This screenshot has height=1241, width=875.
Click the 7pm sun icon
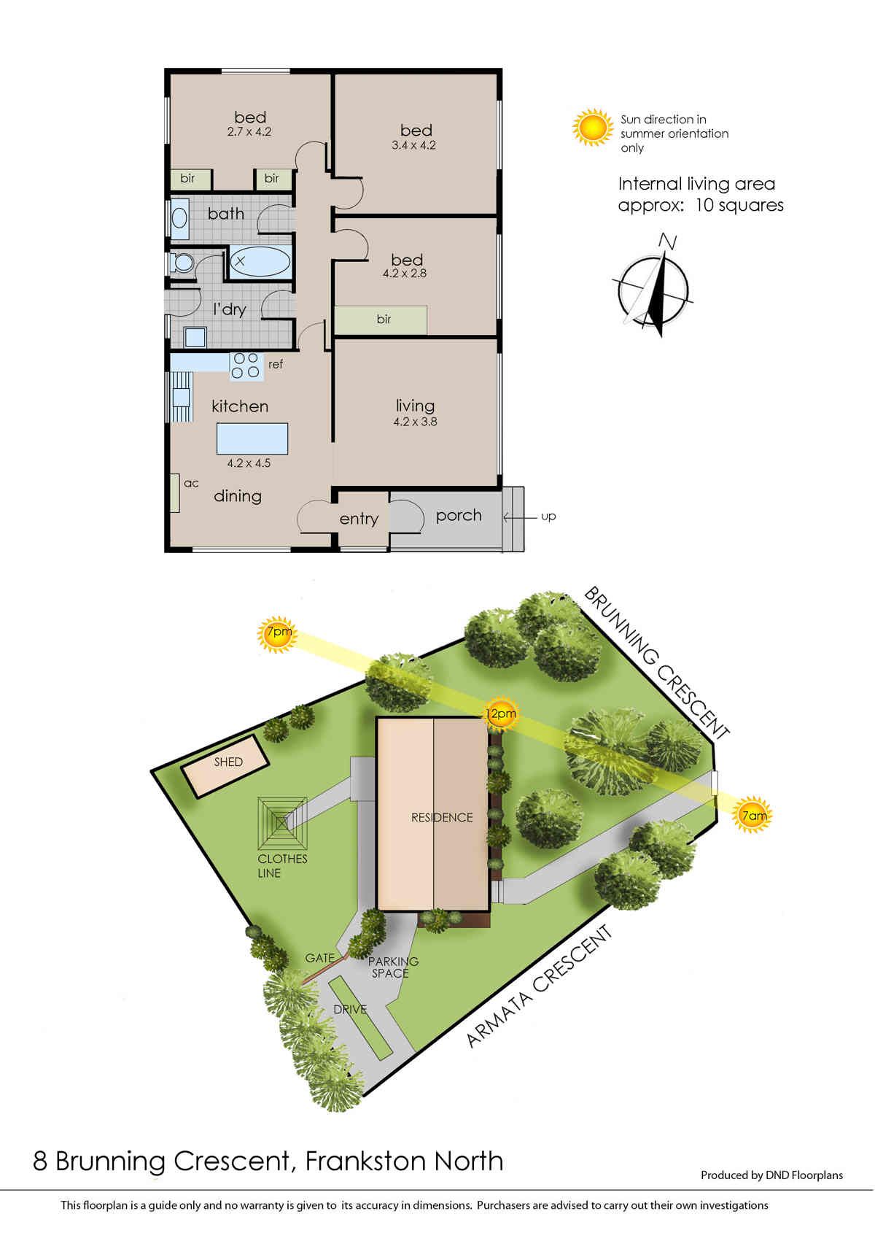coord(277,634)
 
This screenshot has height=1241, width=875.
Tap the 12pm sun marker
coord(500,713)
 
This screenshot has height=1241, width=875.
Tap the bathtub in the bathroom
coord(260,261)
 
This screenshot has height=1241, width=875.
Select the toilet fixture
coord(181,262)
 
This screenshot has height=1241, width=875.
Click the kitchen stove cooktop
coord(246,365)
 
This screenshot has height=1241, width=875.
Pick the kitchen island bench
coord(252,438)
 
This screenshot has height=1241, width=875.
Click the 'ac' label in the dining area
coord(191,483)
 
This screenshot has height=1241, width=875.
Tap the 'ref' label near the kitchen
coord(275,364)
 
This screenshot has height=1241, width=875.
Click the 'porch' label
coord(459,516)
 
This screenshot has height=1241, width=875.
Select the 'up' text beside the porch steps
coord(548,517)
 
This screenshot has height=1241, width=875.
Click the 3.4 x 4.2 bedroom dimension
coord(413,145)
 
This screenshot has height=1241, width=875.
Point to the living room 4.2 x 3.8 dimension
coord(415,422)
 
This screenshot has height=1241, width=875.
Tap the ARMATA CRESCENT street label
coord(539,986)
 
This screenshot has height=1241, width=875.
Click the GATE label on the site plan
coord(319,958)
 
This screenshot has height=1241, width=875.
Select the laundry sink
coord(195,337)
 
